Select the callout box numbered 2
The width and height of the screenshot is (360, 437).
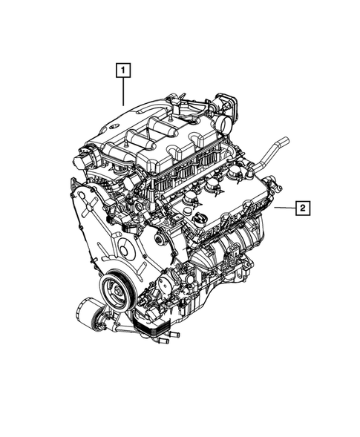pyautogui.click(x=303, y=208)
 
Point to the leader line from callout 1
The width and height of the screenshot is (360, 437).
pyautogui.click(x=123, y=93)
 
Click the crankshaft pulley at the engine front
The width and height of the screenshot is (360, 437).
pyautogui.click(x=117, y=284)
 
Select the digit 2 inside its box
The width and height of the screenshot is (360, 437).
pyautogui.click(x=303, y=208)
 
